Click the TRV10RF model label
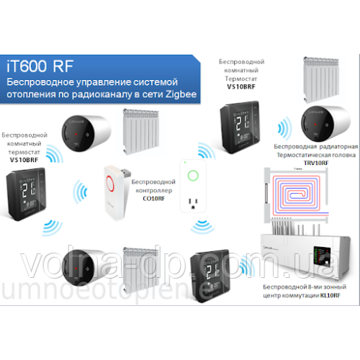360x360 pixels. (x=314, y=163)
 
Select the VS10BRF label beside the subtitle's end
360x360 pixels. (x=241, y=86)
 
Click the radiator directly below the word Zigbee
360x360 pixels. (x=144, y=130)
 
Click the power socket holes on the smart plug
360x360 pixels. (x=192, y=204)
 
